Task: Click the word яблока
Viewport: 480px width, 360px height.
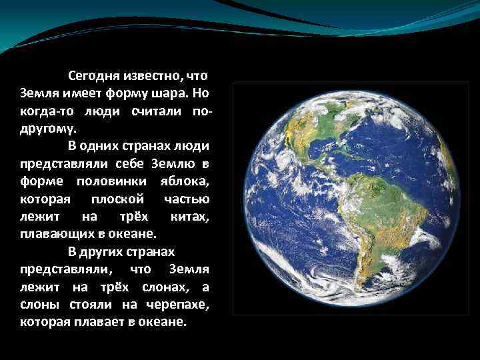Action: point(185,181)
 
